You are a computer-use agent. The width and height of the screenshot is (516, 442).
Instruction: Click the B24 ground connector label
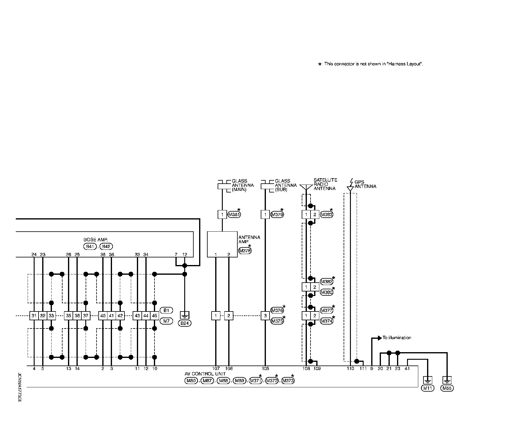pyautogui.click(x=185, y=323)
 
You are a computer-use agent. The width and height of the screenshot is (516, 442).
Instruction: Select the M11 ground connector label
pyautogui.click(x=427, y=388)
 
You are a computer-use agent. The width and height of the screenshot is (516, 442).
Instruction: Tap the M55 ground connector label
pyautogui.click(x=447, y=388)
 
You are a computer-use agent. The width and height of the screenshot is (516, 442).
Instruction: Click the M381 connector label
pyautogui.click(x=234, y=215)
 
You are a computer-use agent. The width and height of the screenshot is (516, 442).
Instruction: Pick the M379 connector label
pyautogui.click(x=277, y=215)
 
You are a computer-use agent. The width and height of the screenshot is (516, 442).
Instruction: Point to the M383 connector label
pyautogui.click(x=327, y=215)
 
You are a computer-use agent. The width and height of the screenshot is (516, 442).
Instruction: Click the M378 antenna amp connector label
pyautogui.click(x=245, y=251)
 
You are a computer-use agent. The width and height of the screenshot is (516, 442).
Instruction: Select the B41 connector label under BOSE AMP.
pyautogui.click(x=90, y=246)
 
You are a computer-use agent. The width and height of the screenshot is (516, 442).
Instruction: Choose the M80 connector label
pyautogui.click(x=191, y=381)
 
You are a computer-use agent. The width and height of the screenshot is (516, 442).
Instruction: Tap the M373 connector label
pyautogui.click(x=288, y=381)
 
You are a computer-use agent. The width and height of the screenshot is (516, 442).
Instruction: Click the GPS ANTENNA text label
pyautogui.click(x=365, y=185)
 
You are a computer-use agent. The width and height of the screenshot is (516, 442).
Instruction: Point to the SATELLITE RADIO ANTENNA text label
pyautogui.click(x=325, y=184)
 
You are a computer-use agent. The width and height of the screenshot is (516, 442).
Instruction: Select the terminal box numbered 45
pyautogui.click(x=154, y=316)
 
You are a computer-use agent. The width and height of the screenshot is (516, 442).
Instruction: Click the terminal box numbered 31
pyautogui.click(x=34, y=316)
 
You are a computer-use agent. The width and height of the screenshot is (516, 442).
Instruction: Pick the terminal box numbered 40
pyautogui.click(x=103, y=316)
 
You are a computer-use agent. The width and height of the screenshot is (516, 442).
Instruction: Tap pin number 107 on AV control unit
pyautogui.click(x=216, y=369)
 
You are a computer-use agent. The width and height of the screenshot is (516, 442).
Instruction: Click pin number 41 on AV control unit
pyautogui.click(x=407, y=369)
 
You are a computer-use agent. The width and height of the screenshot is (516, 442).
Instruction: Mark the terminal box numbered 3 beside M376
pyautogui.click(x=265, y=316)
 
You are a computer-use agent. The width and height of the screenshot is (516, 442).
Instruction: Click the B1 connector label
pyautogui.click(x=166, y=310)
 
